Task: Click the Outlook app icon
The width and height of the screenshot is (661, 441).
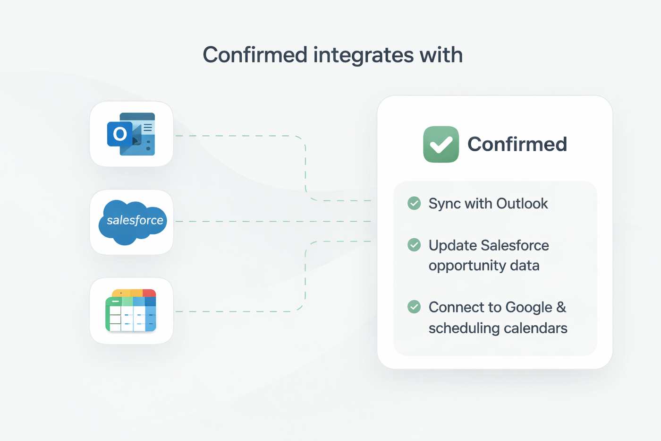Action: point(131,134)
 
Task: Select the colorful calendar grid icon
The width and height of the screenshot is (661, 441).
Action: point(131,311)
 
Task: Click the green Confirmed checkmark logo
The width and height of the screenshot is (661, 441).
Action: point(441,144)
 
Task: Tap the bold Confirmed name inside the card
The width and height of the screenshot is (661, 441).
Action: point(517,144)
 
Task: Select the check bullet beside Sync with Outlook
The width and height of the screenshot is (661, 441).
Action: point(414,203)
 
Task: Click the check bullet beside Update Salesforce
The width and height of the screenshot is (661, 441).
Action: point(414,245)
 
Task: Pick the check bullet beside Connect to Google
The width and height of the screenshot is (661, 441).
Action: point(414,307)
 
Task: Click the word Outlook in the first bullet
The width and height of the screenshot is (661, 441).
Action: point(522,203)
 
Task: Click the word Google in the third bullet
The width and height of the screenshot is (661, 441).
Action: point(528,307)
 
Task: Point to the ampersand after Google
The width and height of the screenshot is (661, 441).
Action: point(561,307)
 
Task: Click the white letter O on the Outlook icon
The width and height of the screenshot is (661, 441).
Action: point(120,134)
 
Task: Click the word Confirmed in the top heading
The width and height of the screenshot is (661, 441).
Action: point(255,55)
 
